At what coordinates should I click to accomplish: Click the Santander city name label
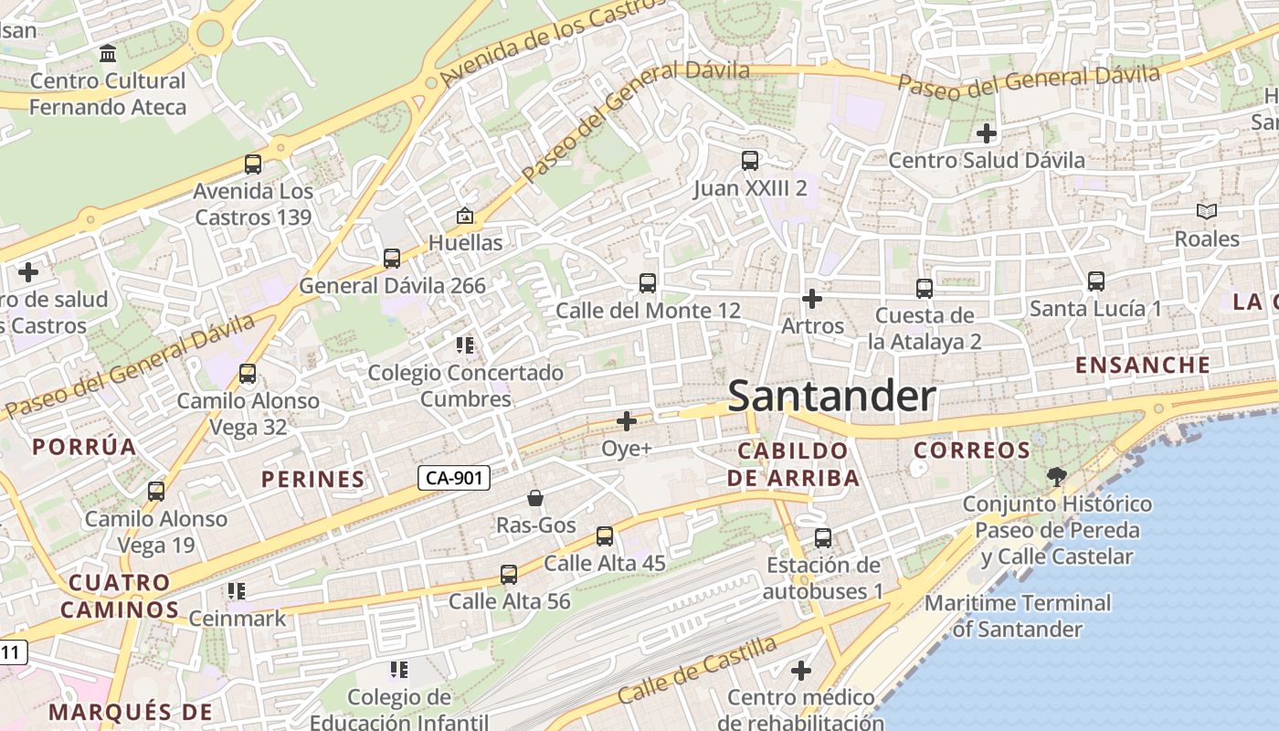pyautogui.click(x=832, y=397)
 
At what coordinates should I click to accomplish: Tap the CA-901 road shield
pyautogui.click(x=454, y=477)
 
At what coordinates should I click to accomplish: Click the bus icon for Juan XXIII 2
pyautogui.click(x=750, y=161)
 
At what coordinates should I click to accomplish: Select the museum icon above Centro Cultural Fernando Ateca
pyautogui.click(x=108, y=53)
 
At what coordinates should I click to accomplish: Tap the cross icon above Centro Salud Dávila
pyautogui.click(x=987, y=133)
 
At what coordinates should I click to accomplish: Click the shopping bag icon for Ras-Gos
pyautogui.click(x=535, y=498)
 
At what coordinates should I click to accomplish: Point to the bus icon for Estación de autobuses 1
pyautogui.click(x=823, y=538)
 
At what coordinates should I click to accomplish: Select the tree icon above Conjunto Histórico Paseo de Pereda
pyautogui.click(x=1057, y=476)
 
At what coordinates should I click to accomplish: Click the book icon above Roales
pyautogui.click(x=1207, y=212)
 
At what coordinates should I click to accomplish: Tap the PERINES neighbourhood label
pyautogui.click(x=313, y=479)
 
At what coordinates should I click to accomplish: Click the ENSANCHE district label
pyautogui.click(x=1143, y=365)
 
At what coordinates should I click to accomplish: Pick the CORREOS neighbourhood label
pyautogui.click(x=972, y=450)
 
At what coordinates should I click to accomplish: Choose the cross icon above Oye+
pyautogui.click(x=627, y=421)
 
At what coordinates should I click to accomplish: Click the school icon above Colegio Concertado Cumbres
pyautogui.click(x=465, y=345)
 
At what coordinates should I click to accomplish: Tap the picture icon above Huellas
pyautogui.click(x=465, y=216)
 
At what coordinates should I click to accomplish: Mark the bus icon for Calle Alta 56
pyautogui.click(x=509, y=575)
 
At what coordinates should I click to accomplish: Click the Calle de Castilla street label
pyautogui.click(x=696, y=670)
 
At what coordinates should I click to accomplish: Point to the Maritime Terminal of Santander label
pyautogui.click(x=1018, y=616)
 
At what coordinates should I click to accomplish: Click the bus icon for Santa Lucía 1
pyautogui.click(x=1096, y=281)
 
